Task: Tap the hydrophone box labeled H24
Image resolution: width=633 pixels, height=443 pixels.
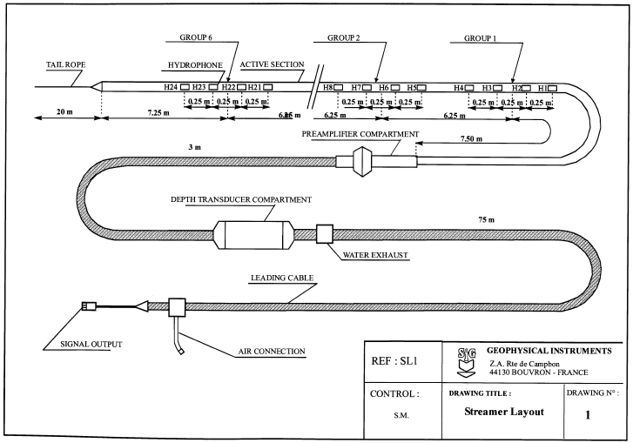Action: click(x=185, y=88)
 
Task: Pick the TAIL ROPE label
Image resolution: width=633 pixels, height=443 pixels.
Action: click(x=66, y=64)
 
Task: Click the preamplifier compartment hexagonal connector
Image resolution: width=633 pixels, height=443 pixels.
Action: click(x=361, y=161)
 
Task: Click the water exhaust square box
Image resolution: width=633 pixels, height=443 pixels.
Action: click(x=324, y=233)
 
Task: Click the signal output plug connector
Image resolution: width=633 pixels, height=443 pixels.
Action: click(x=90, y=305)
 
